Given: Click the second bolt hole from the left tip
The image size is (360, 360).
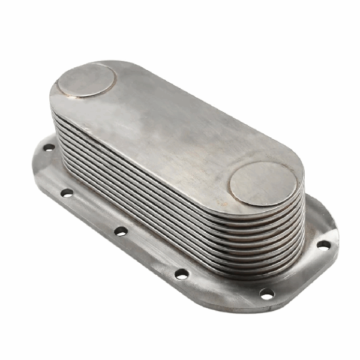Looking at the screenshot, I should click(x=67, y=193).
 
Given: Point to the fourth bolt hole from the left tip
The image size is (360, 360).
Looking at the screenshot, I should click(x=181, y=274).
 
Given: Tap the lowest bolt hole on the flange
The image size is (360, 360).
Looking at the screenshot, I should click(x=266, y=293).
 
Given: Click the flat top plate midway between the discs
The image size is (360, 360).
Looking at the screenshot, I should click(x=174, y=129).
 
